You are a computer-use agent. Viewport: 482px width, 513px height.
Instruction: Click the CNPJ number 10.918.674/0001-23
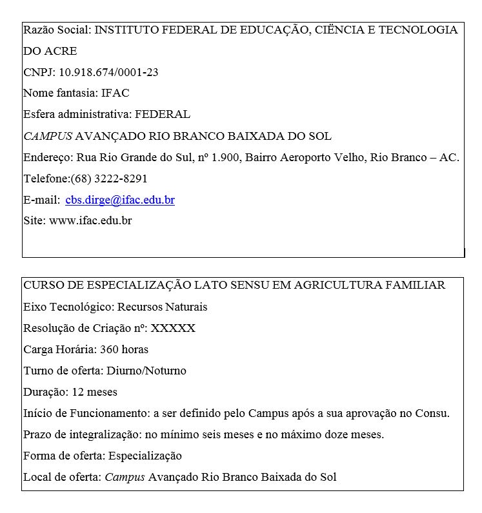click(x=108, y=72)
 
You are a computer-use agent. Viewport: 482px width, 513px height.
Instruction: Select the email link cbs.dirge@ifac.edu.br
click(x=120, y=200)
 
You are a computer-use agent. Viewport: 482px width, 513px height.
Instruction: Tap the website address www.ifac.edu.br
click(x=90, y=221)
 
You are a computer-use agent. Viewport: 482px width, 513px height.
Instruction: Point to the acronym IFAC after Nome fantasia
click(x=115, y=93)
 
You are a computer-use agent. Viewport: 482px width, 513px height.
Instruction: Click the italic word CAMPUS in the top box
click(x=48, y=136)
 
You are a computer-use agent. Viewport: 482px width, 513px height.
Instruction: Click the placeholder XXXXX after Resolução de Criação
click(x=173, y=328)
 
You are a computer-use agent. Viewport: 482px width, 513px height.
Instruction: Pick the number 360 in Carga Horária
click(x=109, y=349)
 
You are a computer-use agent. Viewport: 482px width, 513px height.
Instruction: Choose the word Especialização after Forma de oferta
click(x=145, y=456)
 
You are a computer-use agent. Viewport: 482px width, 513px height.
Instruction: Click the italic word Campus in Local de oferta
click(x=125, y=477)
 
